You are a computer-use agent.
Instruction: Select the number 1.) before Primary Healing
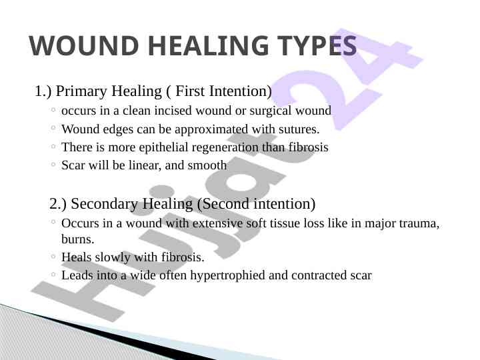tap(43, 91)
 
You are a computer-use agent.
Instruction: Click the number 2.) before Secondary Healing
tap(58, 204)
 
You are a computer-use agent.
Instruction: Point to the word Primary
tap(81, 92)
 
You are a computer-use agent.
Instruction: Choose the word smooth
tap(207, 165)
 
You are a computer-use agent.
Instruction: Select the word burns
tap(78, 239)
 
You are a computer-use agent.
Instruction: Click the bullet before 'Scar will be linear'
tap(53, 165)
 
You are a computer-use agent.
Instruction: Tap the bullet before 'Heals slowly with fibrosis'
tap(53, 256)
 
